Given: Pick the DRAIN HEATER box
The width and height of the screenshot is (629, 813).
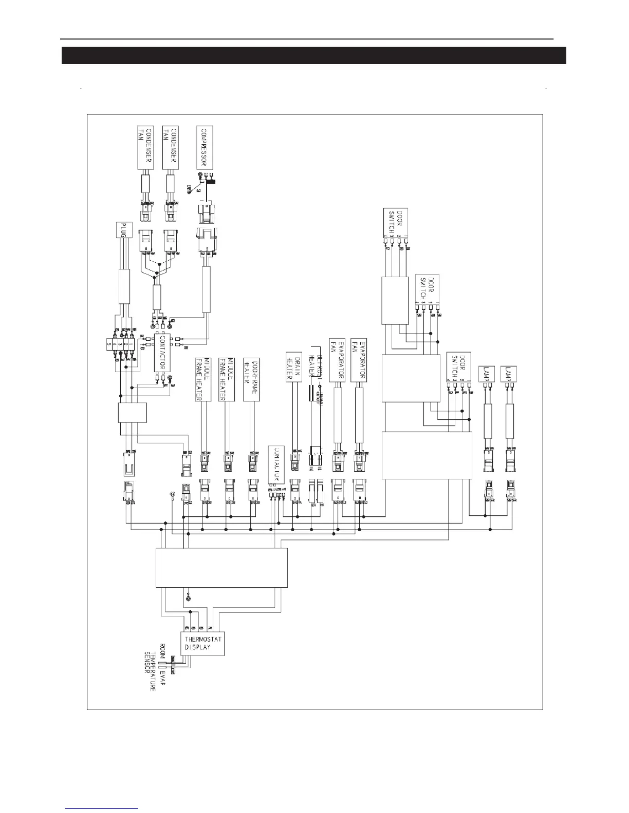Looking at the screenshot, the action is (293, 367).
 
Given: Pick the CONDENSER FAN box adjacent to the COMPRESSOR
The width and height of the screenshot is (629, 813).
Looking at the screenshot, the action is (170, 147).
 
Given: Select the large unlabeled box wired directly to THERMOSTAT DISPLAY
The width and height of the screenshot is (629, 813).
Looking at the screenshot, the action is (221, 568).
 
